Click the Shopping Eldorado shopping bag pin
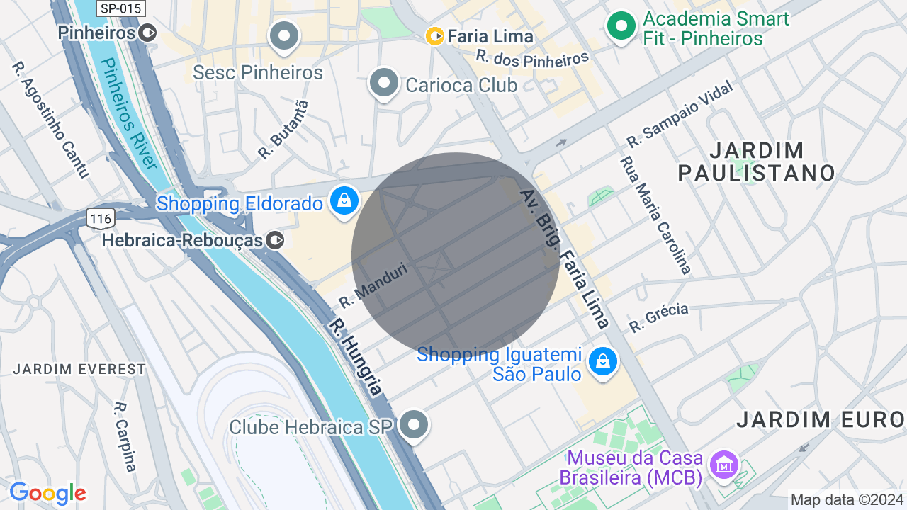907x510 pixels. [x=344, y=202]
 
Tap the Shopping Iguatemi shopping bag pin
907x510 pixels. [x=602, y=362]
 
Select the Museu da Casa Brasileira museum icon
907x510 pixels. [x=724, y=466]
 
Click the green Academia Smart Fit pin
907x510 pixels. [x=621, y=26]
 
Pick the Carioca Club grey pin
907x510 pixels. [x=384, y=84]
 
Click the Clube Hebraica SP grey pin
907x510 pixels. [x=414, y=425]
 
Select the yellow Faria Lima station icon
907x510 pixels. [x=435, y=35]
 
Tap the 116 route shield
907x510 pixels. [x=101, y=219]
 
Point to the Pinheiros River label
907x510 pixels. [x=128, y=113]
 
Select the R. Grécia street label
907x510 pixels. [x=658, y=317]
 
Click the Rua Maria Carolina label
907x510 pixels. [x=655, y=215]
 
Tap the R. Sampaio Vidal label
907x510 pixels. [x=678, y=115]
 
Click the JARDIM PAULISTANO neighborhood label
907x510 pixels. [x=757, y=161]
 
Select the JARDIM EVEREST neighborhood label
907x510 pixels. [x=79, y=369]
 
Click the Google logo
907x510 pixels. [x=47, y=493]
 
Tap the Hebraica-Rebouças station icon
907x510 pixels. [x=276, y=241]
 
